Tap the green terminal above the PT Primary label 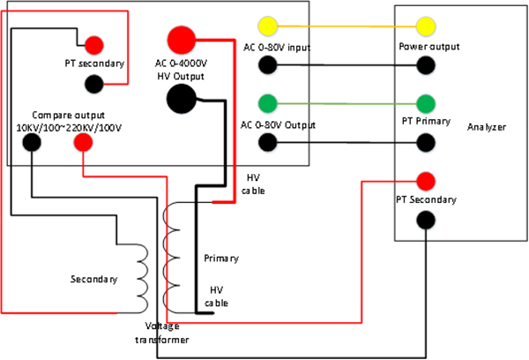[427, 101]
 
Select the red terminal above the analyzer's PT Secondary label [427, 181]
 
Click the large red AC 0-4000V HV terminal [182, 40]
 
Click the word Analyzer [487, 127]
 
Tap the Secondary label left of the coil [93, 280]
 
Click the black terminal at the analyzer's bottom [427, 221]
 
